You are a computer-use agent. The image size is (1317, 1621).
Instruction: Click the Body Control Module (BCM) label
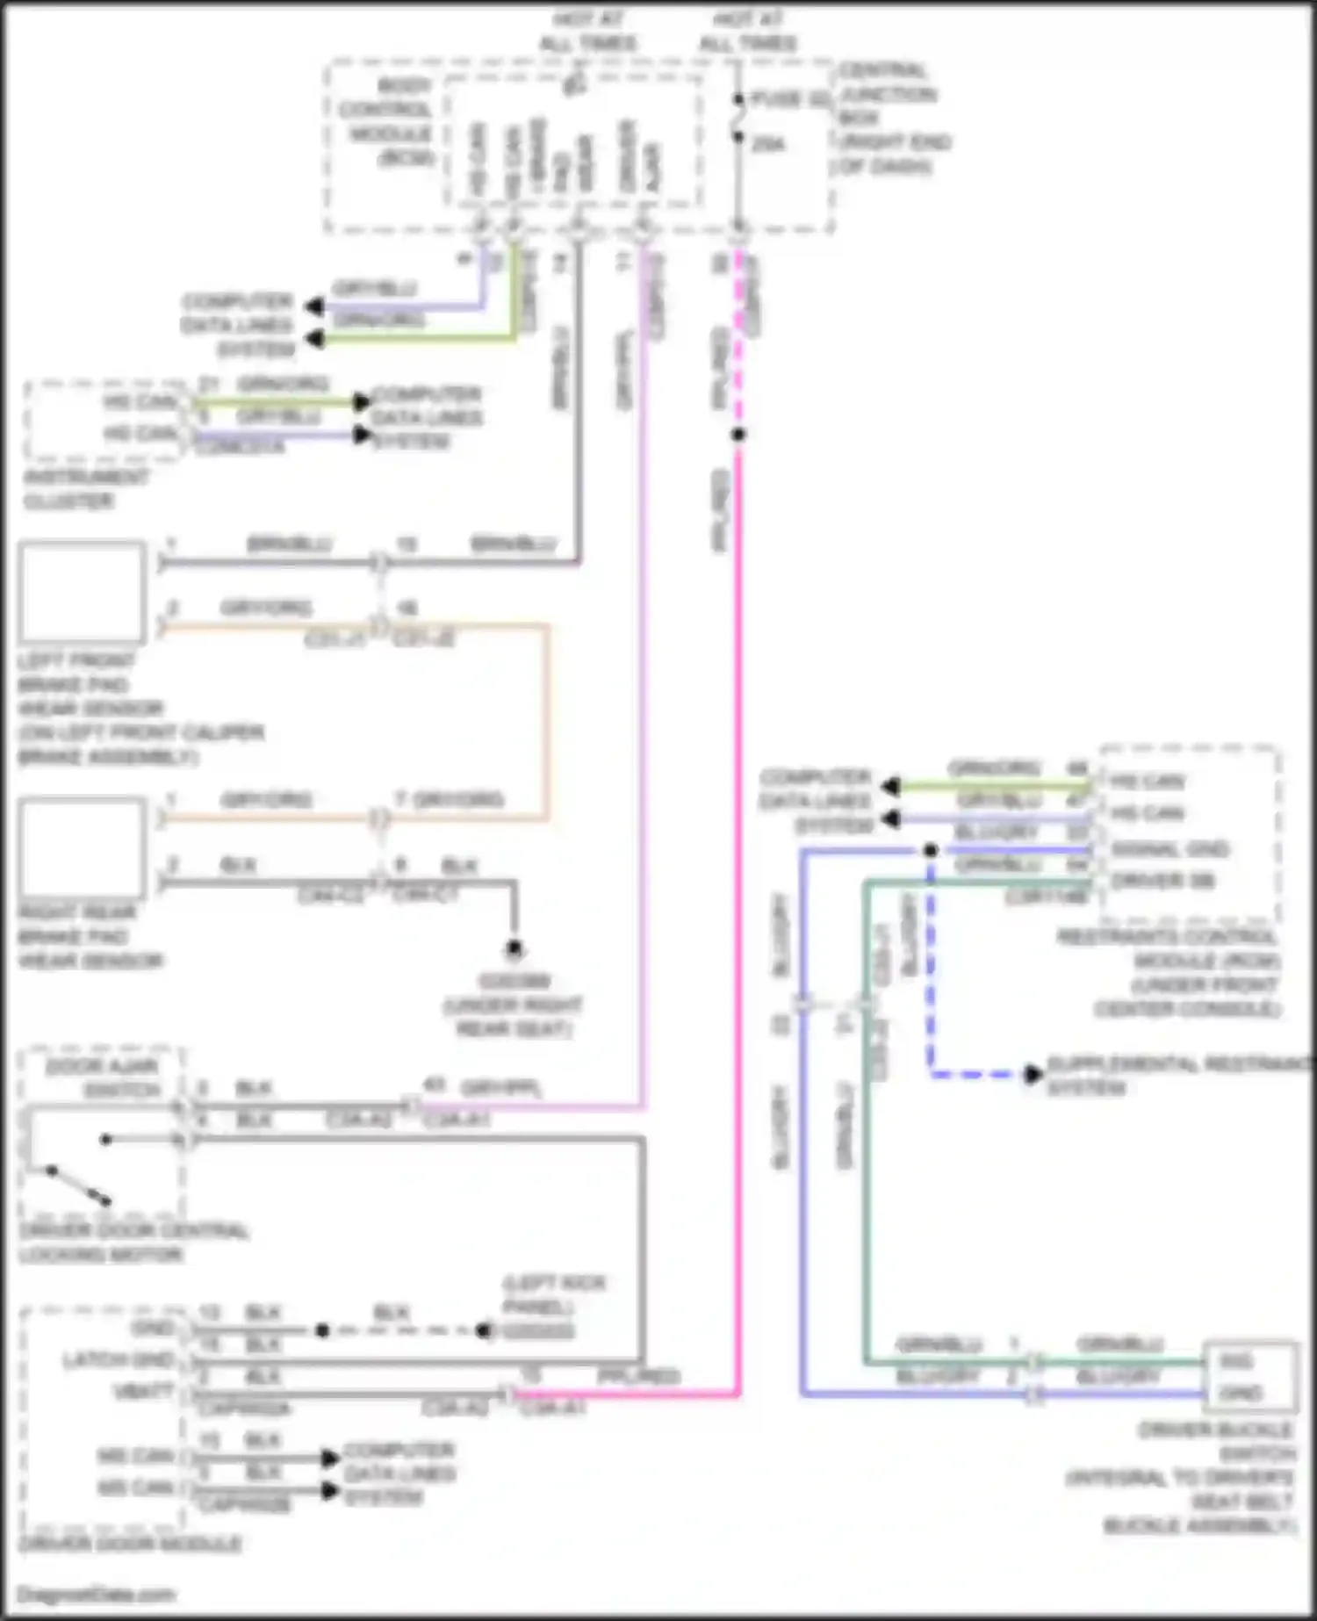(390, 121)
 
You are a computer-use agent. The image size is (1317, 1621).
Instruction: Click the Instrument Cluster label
(86, 489)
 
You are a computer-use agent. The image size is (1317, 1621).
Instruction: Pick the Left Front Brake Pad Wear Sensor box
(83, 592)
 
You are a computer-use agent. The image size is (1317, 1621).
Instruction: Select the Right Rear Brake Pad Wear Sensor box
(83, 847)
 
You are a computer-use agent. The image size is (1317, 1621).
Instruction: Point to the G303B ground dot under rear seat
(515, 948)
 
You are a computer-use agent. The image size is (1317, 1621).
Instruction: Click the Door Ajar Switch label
(102, 1077)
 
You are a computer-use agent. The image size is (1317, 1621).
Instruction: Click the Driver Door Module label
(130, 1544)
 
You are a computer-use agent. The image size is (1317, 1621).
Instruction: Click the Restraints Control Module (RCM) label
(1168, 972)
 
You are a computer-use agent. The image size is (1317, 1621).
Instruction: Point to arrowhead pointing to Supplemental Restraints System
(1033, 1073)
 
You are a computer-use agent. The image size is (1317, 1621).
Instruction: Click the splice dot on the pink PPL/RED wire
(739, 434)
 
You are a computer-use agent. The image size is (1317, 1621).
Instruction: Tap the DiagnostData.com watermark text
(97, 1594)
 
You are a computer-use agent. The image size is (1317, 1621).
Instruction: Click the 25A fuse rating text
(768, 143)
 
